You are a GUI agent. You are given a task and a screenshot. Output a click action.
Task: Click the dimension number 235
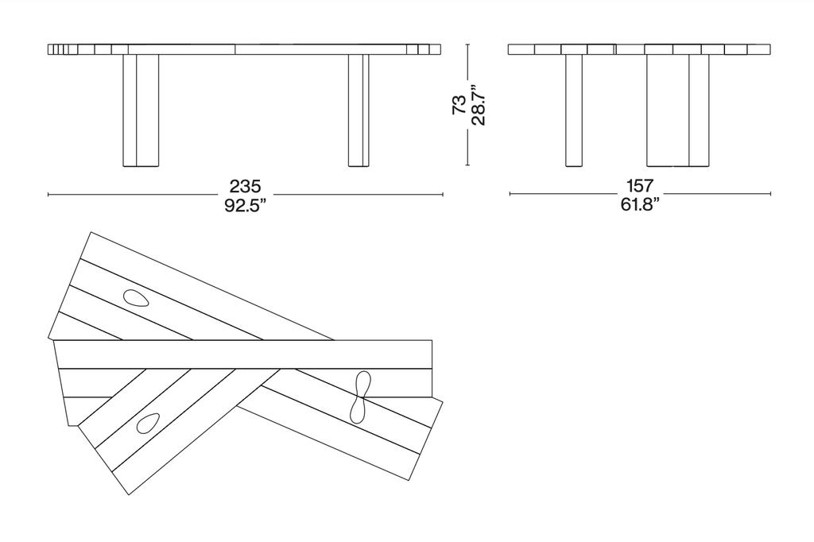point(245,187)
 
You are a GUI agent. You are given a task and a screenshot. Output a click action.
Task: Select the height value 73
point(459,106)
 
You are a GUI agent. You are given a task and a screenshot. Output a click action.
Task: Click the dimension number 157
point(640,187)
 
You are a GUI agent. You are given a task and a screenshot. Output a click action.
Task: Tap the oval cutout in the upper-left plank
point(136,298)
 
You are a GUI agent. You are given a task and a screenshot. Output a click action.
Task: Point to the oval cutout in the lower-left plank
point(148,423)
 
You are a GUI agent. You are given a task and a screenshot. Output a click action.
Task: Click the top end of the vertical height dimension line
point(467,45)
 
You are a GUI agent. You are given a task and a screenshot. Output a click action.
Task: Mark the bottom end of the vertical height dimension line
point(467,166)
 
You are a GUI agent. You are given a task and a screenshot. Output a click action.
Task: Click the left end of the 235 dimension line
point(48,194)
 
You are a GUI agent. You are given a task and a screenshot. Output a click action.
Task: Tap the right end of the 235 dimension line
point(442,194)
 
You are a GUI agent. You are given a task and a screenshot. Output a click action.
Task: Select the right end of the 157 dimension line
point(770,193)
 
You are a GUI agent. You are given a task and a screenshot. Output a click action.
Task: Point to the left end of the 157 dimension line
point(510,193)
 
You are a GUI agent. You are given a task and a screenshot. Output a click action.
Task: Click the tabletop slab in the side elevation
point(639,49)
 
